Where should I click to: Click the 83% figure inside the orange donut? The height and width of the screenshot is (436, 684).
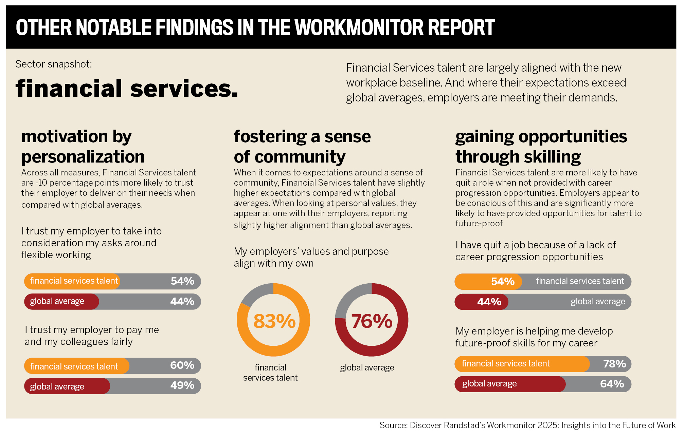[274, 321]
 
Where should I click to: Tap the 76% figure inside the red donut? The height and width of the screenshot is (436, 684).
[372, 321]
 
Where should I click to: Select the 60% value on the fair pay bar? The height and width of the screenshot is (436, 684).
[182, 365]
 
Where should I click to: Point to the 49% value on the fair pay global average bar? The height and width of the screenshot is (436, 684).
[182, 385]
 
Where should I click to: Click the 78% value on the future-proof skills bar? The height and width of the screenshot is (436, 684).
[614, 364]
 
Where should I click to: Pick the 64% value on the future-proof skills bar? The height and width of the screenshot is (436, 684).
[612, 384]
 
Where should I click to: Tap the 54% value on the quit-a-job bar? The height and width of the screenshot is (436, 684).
[503, 281]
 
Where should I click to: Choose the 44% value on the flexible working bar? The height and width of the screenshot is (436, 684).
[182, 301]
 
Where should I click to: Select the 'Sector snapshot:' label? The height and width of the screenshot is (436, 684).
[54, 64]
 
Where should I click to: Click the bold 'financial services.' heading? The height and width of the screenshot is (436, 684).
[127, 89]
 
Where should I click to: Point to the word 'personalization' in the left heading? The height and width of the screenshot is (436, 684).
[83, 157]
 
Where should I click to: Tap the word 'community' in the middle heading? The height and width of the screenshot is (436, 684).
[300, 157]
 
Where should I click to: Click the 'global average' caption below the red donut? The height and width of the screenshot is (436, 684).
[367, 368]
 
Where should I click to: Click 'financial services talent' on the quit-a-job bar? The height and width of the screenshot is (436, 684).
[580, 281]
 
